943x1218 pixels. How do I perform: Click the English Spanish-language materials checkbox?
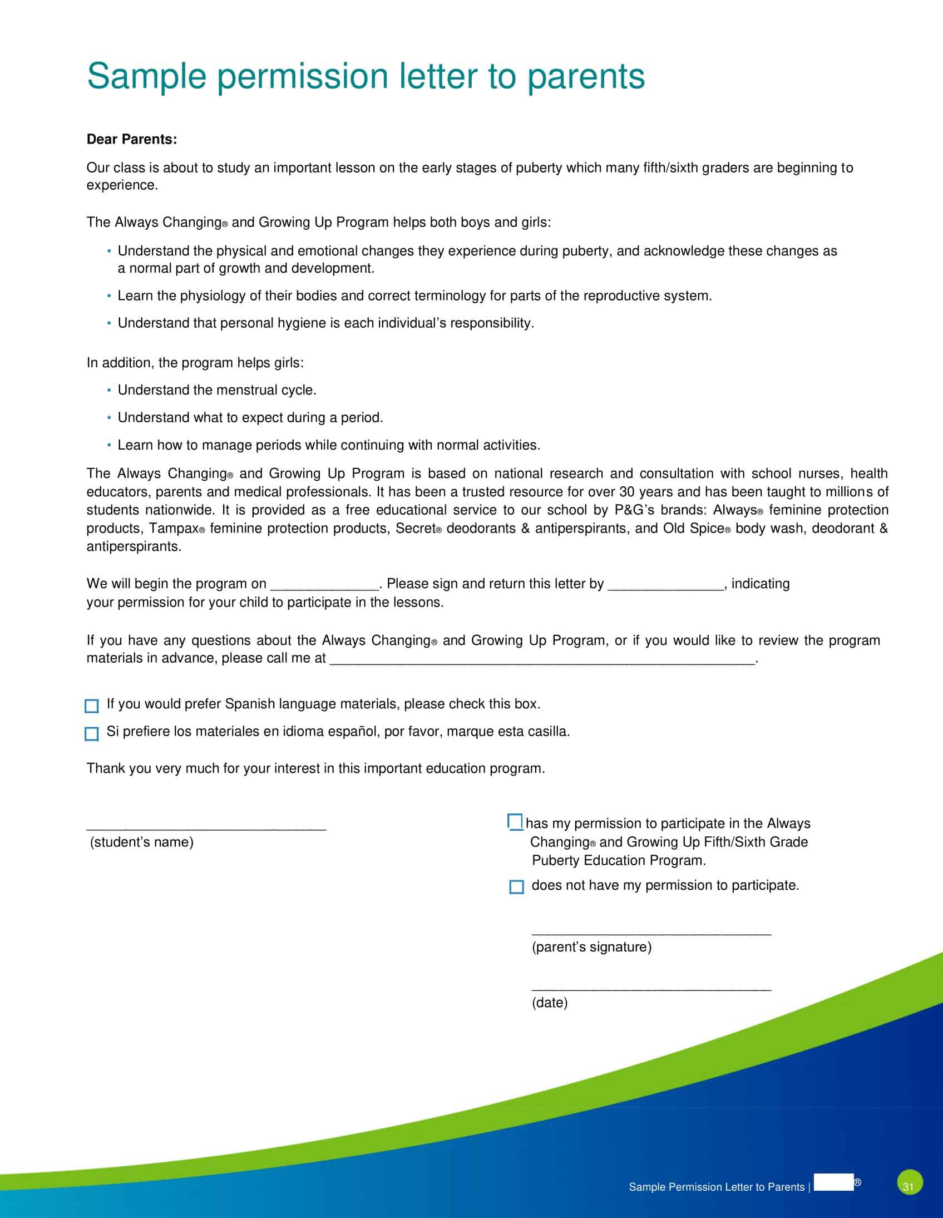(91, 706)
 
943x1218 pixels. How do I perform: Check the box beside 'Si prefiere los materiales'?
(91, 733)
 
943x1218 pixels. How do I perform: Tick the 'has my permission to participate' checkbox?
(515, 822)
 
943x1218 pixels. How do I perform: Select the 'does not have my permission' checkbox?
(516, 887)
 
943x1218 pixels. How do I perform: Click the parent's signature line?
(651, 933)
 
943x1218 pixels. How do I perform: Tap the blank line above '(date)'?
(651, 989)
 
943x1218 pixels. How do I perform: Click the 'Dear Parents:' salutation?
(132, 140)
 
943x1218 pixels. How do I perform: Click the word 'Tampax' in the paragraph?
(174, 528)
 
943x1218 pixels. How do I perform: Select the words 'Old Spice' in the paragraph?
(693, 528)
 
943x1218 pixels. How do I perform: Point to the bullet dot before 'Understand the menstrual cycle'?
(109, 391)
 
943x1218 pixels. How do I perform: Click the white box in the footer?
(834, 1182)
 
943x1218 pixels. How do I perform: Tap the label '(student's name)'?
(142, 842)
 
